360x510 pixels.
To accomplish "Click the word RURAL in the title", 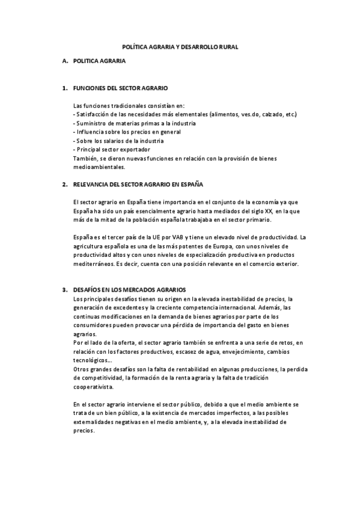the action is [228, 46].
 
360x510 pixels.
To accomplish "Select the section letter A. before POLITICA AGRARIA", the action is [65, 61].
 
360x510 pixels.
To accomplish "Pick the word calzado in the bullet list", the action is [271, 114].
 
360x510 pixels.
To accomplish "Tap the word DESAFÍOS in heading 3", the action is [89, 290].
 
